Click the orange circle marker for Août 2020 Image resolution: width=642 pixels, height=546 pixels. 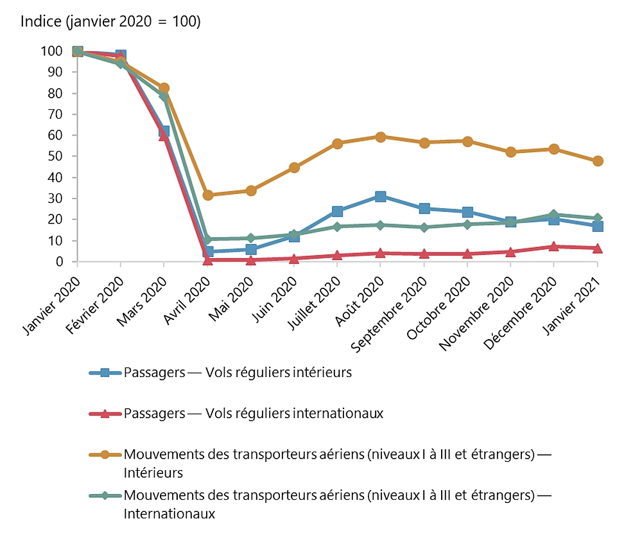tap(381, 137)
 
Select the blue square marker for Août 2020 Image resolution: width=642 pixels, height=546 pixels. tap(381, 197)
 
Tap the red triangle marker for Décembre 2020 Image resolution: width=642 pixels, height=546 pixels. tap(554, 246)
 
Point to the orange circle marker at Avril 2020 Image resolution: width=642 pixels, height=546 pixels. tap(207, 195)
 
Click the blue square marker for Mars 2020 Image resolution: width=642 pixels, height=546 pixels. tap(164, 132)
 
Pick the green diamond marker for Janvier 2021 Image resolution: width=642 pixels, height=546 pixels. tap(598, 218)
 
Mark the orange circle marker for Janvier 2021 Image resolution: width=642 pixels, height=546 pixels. tap(598, 161)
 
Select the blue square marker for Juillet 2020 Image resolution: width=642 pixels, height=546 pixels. tap(338, 211)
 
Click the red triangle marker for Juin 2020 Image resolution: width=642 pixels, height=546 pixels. tap(294, 258)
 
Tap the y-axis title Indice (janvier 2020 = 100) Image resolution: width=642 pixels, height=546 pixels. tap(110, 21)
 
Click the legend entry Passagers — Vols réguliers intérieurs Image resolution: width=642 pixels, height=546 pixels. tap(238, 373)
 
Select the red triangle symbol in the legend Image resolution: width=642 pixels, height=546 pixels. tap(106, 413)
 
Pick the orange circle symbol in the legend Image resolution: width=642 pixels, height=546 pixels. tap(106, 455)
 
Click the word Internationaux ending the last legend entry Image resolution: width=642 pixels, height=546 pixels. tap(169, 514)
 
